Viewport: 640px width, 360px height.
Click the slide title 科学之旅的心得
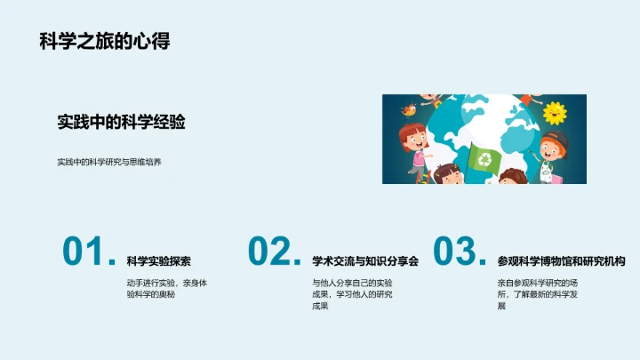coord(105,41)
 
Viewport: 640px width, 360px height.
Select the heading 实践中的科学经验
coord(121,123)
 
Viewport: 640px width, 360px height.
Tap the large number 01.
coord(87,252)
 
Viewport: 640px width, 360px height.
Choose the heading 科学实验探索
coord(159,261)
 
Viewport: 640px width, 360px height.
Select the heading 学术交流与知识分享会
coord(365,261)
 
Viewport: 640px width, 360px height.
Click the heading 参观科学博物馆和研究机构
coord(561,261)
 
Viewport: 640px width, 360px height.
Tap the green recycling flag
coord(486,159)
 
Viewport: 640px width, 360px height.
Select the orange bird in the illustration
coord(408,109)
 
